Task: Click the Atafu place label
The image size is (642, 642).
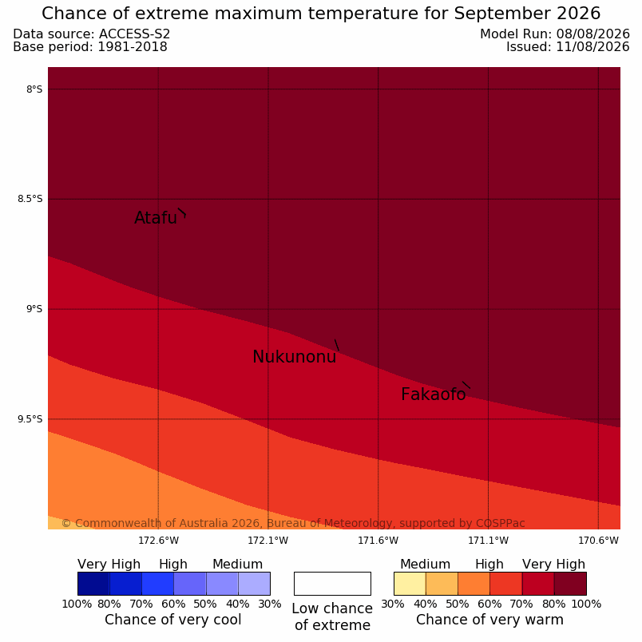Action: click(x=156, y=218)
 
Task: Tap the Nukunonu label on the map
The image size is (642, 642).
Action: click(x=295, y=357)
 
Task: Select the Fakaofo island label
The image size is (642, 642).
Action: click(x=433, y=394)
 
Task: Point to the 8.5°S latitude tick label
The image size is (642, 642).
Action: click(x=30, y=199)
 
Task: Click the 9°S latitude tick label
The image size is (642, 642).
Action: click(x=34, y=309)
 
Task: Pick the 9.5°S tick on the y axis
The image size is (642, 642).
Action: click(x=30, y=419)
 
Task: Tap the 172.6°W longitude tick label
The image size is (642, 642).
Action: click(x=158, y=541)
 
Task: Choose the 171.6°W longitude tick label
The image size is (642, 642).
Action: click(x=378, y=541)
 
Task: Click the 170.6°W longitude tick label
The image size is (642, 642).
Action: click(x=598, y=541)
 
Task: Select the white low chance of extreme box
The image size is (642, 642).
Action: click(x=332, y=584)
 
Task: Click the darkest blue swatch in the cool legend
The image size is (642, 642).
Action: click(x=93, y=584)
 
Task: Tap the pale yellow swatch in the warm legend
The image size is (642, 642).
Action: click(x=410, y=584)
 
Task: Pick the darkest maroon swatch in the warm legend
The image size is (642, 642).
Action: click(x=570, y=584)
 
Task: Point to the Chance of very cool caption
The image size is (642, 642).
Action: click(x=172, y=620)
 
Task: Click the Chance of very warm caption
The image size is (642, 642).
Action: click(x=489, y=620)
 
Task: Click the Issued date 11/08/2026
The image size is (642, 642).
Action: click(x=592, y=46)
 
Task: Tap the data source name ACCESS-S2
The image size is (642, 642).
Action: click(x=134, y=34)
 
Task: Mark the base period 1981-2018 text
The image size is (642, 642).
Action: click(x=133, y=46)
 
